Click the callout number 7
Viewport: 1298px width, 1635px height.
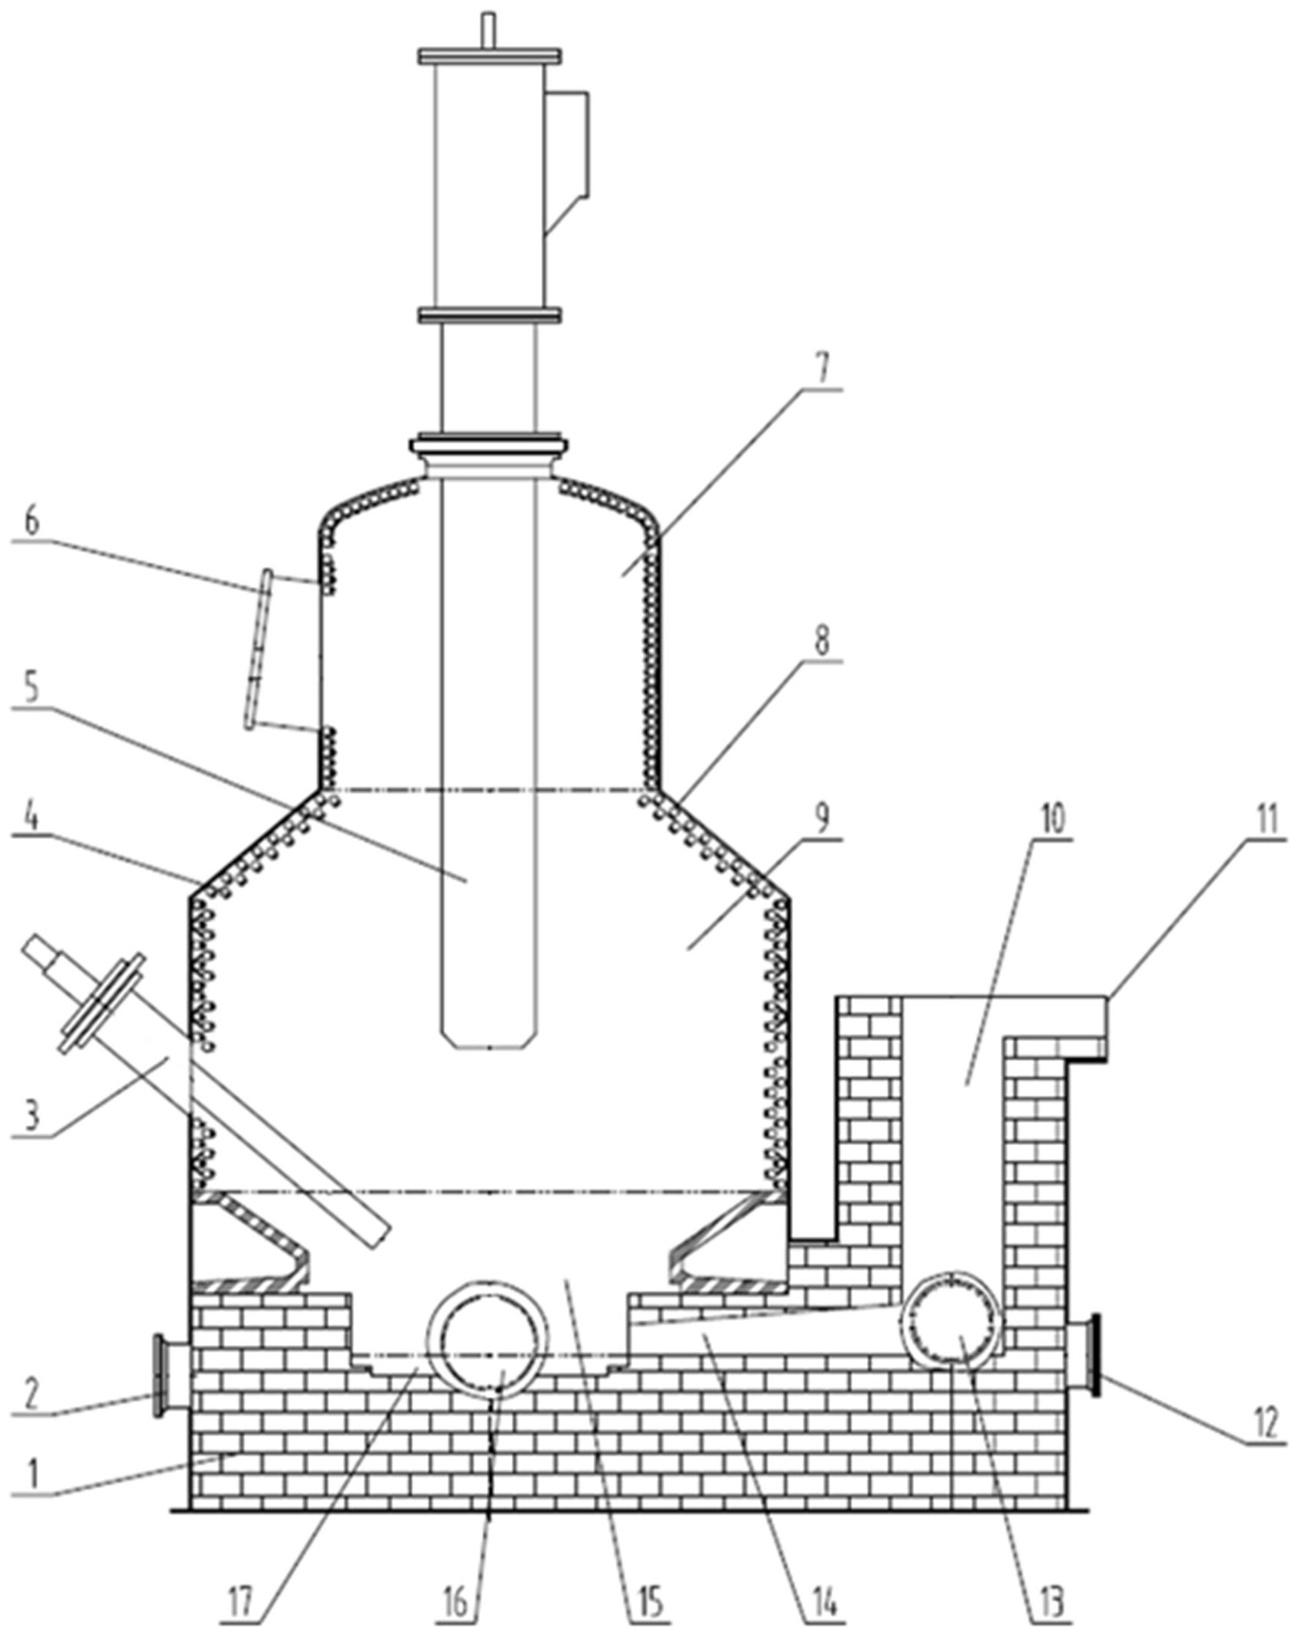coord(820,370)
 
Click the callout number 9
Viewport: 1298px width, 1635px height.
coord(820,821)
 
